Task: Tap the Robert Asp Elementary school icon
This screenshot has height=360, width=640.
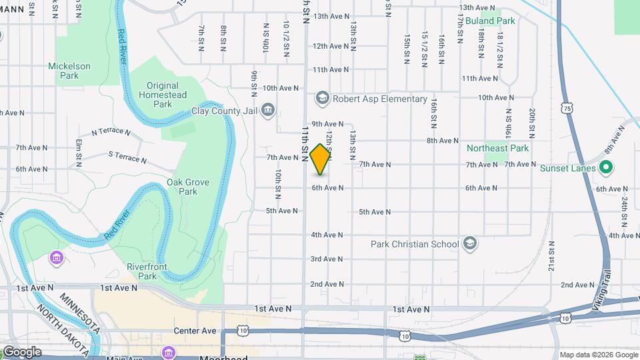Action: pyautogui.click(x=323, y=99)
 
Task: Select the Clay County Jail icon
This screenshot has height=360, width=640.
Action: pyautogui.click(x=268, y=109)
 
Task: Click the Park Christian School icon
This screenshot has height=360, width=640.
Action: pyautogui.click(x=470, y=243)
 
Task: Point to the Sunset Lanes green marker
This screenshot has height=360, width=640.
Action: pyautogui.click(x=605, y=167)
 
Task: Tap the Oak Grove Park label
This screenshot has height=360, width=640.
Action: pyautogui.click(x=183, y=186)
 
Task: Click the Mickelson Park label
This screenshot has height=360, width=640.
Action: pyautogui.click(x=69, y=71)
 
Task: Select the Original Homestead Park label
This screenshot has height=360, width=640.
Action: pyautogui.click(x=163, y=95)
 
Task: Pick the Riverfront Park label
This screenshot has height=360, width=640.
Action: pyautogui.click(x=142, y=271)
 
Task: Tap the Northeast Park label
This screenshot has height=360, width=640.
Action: pyautogui.click(x=497, y=148)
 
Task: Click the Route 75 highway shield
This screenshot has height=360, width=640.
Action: pyautogui.click(x=567, y=107)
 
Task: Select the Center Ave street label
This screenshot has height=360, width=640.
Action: pyautogui.click(x=195, y=331)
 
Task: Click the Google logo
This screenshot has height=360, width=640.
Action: pyautogui.click(x=21, y=351)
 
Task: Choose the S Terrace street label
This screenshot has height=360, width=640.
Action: pyautogui.click(x=127, y=157)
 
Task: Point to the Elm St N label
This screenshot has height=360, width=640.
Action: pyautogui.click(x=79, y=152)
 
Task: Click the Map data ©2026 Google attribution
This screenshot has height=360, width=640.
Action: pyautogui.click(x=598, y=355)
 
